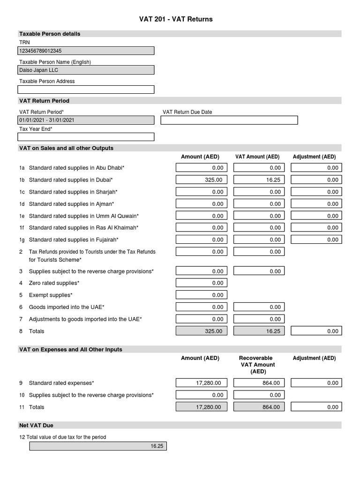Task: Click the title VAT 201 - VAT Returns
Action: (x=176, y=19)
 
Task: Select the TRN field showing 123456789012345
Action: (x=86, y=51)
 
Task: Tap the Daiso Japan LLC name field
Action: (x=86, y=70)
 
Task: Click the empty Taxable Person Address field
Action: (x=86, y=90)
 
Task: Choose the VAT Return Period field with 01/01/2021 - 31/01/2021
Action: (x=86, y=120)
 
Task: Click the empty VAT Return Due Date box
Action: (x=229, y=120)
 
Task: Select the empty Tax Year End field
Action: (x=86, y=137)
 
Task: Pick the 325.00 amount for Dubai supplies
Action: (x=201, y=180)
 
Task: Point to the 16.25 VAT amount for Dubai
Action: (x=259, y=180)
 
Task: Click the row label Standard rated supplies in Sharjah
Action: (x=73, y=192)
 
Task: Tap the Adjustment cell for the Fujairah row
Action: (x=316, y=240)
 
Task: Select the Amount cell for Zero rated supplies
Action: (x=201, y=283)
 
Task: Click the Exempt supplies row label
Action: (x=51, y=295)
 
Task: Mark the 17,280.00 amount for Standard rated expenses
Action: (x=201, y=383)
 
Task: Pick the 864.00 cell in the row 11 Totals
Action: (x=259, y=407)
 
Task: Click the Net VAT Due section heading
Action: (x=36, y=425)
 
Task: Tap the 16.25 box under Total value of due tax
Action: (x=98, y=446)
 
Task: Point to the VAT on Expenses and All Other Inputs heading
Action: (x=70, y=349)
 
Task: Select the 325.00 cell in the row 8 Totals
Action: (x=201, y=331)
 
